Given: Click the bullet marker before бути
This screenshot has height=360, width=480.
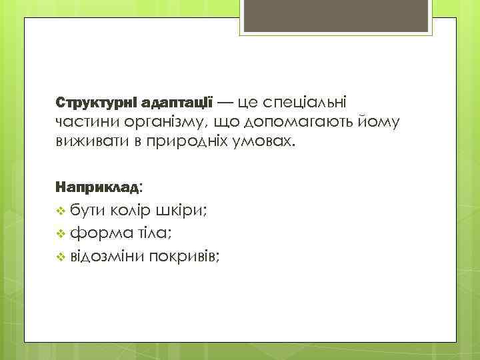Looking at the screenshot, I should tap(61, 211).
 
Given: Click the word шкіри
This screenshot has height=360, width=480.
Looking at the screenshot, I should tap(181, 211).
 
